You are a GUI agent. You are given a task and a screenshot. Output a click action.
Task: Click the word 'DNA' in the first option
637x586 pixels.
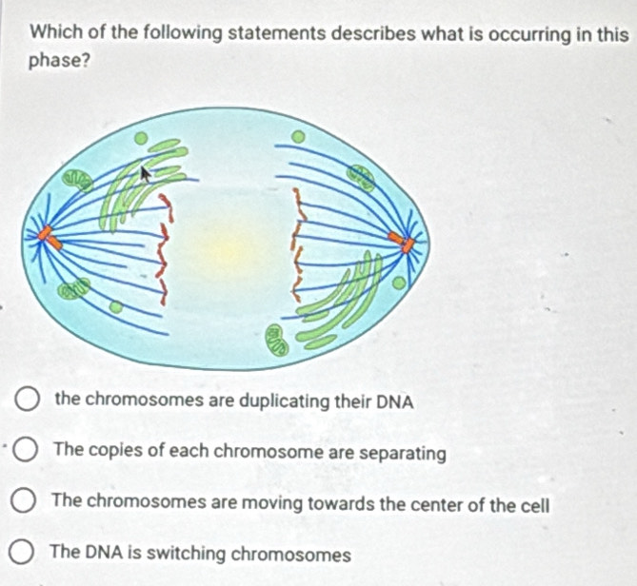392,400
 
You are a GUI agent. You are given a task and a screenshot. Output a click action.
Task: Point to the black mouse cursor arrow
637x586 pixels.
145,174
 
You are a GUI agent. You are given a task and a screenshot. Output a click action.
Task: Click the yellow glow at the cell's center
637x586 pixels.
229,249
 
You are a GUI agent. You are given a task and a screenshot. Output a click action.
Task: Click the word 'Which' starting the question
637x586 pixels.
53,32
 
